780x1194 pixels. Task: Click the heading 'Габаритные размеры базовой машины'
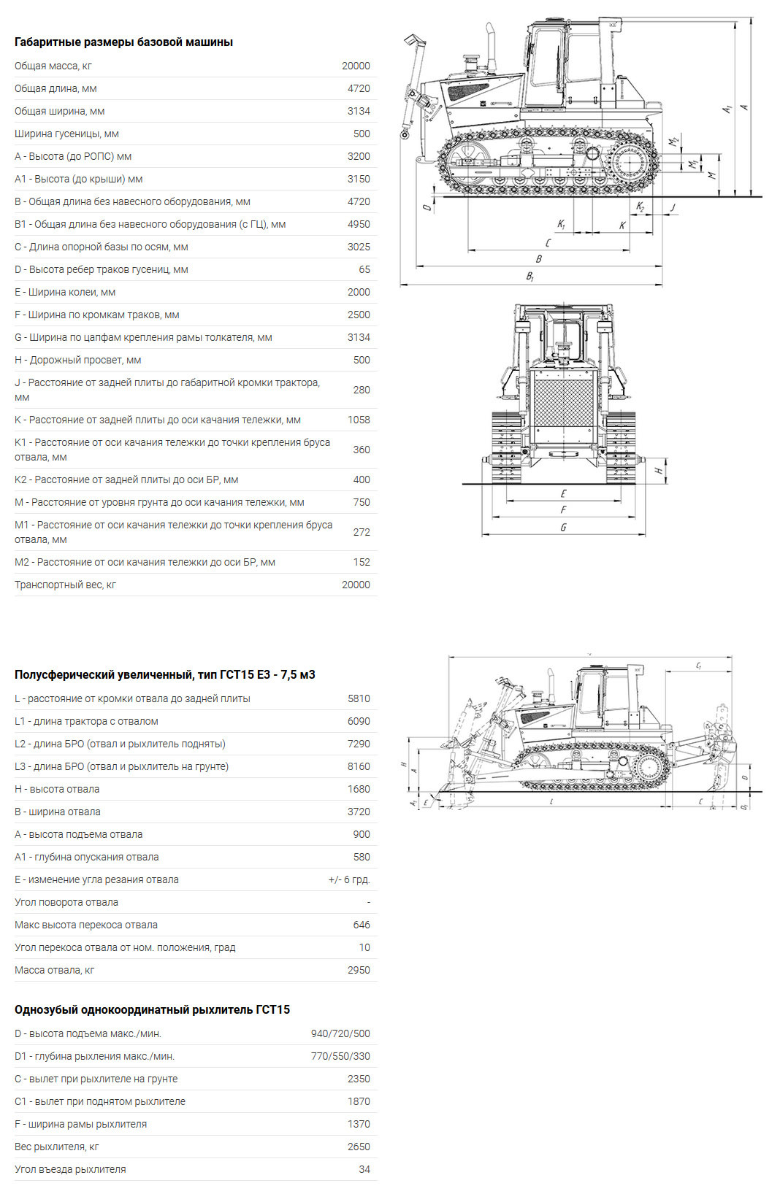[123, 42]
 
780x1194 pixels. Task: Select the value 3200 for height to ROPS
[359, 156]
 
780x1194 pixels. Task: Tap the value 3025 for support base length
[359, 247]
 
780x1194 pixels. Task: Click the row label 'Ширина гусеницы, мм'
[66, 134]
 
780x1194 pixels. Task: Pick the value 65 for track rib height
[364, 269]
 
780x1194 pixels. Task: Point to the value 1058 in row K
[359, 420]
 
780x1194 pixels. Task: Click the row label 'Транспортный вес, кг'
[65, 585]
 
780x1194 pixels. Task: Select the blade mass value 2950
[359, 970]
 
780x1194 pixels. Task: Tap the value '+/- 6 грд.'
[349, 879]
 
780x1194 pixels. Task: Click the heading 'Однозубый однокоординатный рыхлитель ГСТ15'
[152, 1009]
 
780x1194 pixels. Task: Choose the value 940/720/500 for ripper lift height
[340, 1033]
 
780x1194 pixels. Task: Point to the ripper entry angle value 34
[364, 1169]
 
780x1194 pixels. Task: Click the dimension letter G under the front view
[563, 527]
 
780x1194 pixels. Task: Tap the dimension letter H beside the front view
[658, 471]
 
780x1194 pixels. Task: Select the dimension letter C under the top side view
[548, 243]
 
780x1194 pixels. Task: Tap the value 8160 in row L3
[359, 766]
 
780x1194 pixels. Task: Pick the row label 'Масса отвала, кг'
[54, 970]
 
